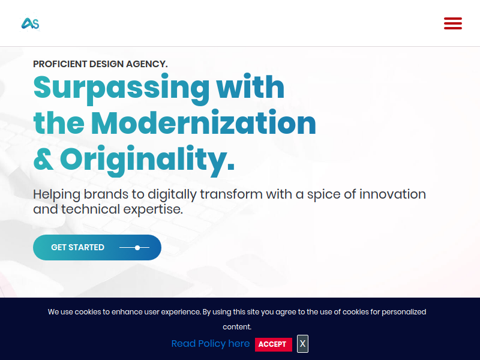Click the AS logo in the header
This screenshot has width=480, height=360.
click(x=31, y=23)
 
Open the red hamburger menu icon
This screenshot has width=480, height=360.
click(x=453, y=23)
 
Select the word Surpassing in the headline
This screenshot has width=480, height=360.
click(x=122, y=88)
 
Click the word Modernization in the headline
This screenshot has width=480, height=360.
click(x=203, y=123)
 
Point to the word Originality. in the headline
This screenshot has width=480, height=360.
click(x=147, y=160)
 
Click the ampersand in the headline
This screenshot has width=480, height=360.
click(x=43, y=159)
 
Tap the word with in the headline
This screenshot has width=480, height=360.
click(x=250, y=86)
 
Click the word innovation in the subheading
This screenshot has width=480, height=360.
click(x=392, y=194)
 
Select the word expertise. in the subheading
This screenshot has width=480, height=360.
click(x=153, y=209)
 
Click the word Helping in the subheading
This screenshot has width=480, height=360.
click(x=56, y=194)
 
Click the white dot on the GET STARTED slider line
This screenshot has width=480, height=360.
click(x=137, y=248)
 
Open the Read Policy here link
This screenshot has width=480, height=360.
click(x=211, y=343)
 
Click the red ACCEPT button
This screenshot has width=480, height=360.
click(x=274, y=344)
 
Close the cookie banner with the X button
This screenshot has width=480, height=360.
click(x=302, y=344)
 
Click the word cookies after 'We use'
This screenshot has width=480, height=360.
click(x=88, y=312)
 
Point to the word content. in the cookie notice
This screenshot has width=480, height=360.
click(x=237, y=327)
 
